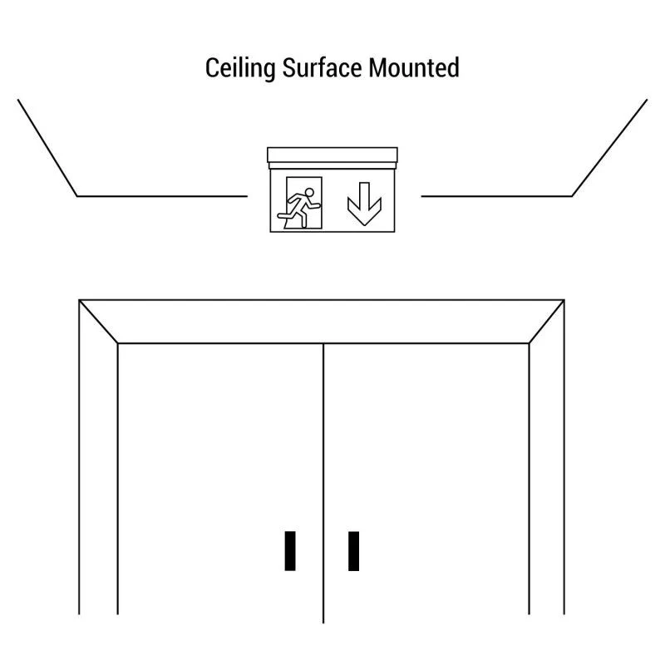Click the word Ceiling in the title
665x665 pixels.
point(240,68)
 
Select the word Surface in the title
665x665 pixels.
point(322,68)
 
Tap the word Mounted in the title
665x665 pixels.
point(414,68)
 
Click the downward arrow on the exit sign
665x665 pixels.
point(364,204)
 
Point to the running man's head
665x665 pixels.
point(309,193)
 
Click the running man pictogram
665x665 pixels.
point(299,208)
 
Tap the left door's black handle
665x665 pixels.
point(290,551)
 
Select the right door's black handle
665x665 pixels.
point(354,551)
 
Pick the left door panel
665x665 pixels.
point(220,480)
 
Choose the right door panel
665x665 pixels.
point(426,480)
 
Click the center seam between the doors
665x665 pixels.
point(323,483)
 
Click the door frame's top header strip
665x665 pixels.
point(322,322)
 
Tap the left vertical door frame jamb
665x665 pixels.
point(98,466)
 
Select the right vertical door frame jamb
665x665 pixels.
point(547,466)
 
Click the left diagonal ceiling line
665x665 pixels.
point(47,148)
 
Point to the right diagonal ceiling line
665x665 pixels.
point(609,148)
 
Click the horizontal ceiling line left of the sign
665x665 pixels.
point(162,196)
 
